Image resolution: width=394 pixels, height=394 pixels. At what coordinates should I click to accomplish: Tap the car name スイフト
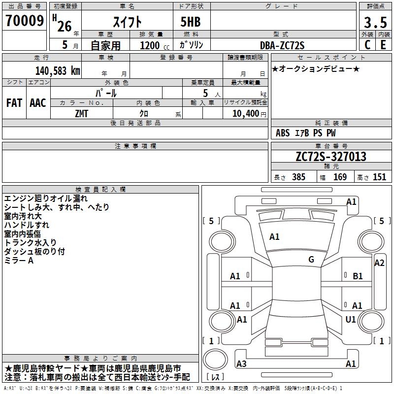pyautogui.click(x=127, y=23)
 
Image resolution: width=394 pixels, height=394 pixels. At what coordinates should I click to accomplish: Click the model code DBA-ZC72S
pyautogui.click(x=282, y=45)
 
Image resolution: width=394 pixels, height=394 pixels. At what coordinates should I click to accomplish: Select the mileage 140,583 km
pyautogui.click(x=58, y=70)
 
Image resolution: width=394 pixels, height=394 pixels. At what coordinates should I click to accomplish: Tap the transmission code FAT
pyautogui.click(x=14, y=103)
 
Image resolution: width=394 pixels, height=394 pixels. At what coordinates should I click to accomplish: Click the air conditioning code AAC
pyautogui.click(x=37, y=103)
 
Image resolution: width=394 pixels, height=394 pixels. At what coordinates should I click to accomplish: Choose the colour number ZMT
pyautogui.click(x=82, y=113)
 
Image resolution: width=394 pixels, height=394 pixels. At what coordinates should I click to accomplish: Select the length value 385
pyautogui.click(x=298, y=177)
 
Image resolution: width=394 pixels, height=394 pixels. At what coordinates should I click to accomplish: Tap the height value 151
pyautogui.click(x=379, y=177)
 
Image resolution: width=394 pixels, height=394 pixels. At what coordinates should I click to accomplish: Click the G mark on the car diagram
pyautogui.click(x=311, y=260)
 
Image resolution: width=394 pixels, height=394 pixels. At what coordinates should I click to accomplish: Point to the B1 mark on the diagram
pyautogui.click(x=358, y=276)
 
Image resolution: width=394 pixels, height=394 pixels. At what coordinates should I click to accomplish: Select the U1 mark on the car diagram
pyautogui.click(x=351, y=320)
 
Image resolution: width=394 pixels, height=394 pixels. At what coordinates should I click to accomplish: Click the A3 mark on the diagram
pyautogui.click(x=241, y=364)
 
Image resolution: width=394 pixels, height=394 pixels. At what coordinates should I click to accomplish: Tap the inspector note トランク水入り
pyautogui.click(x=30, y=243)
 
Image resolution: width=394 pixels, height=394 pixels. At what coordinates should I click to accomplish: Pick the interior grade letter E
pyautogui.click(x=383, y=45)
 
